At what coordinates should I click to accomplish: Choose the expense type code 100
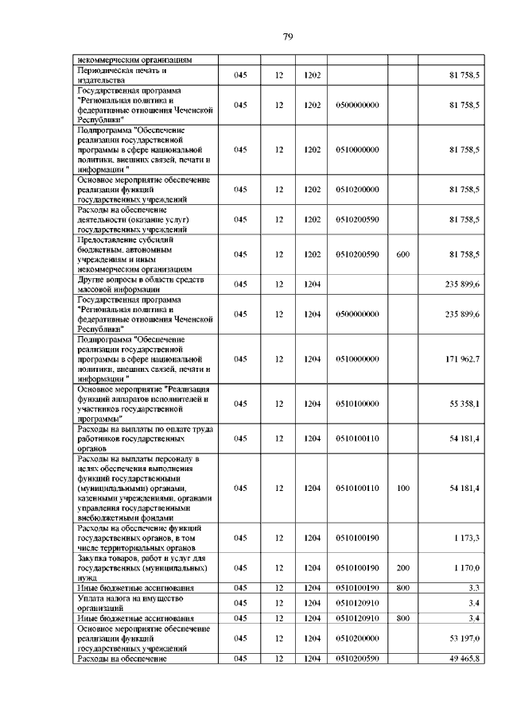(402, 488)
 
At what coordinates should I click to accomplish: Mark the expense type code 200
(402, 568)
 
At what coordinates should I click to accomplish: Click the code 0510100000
(357, 404)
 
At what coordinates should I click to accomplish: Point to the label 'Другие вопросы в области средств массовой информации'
(135, 284)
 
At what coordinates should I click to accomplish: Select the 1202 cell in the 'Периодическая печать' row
(312, 75)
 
